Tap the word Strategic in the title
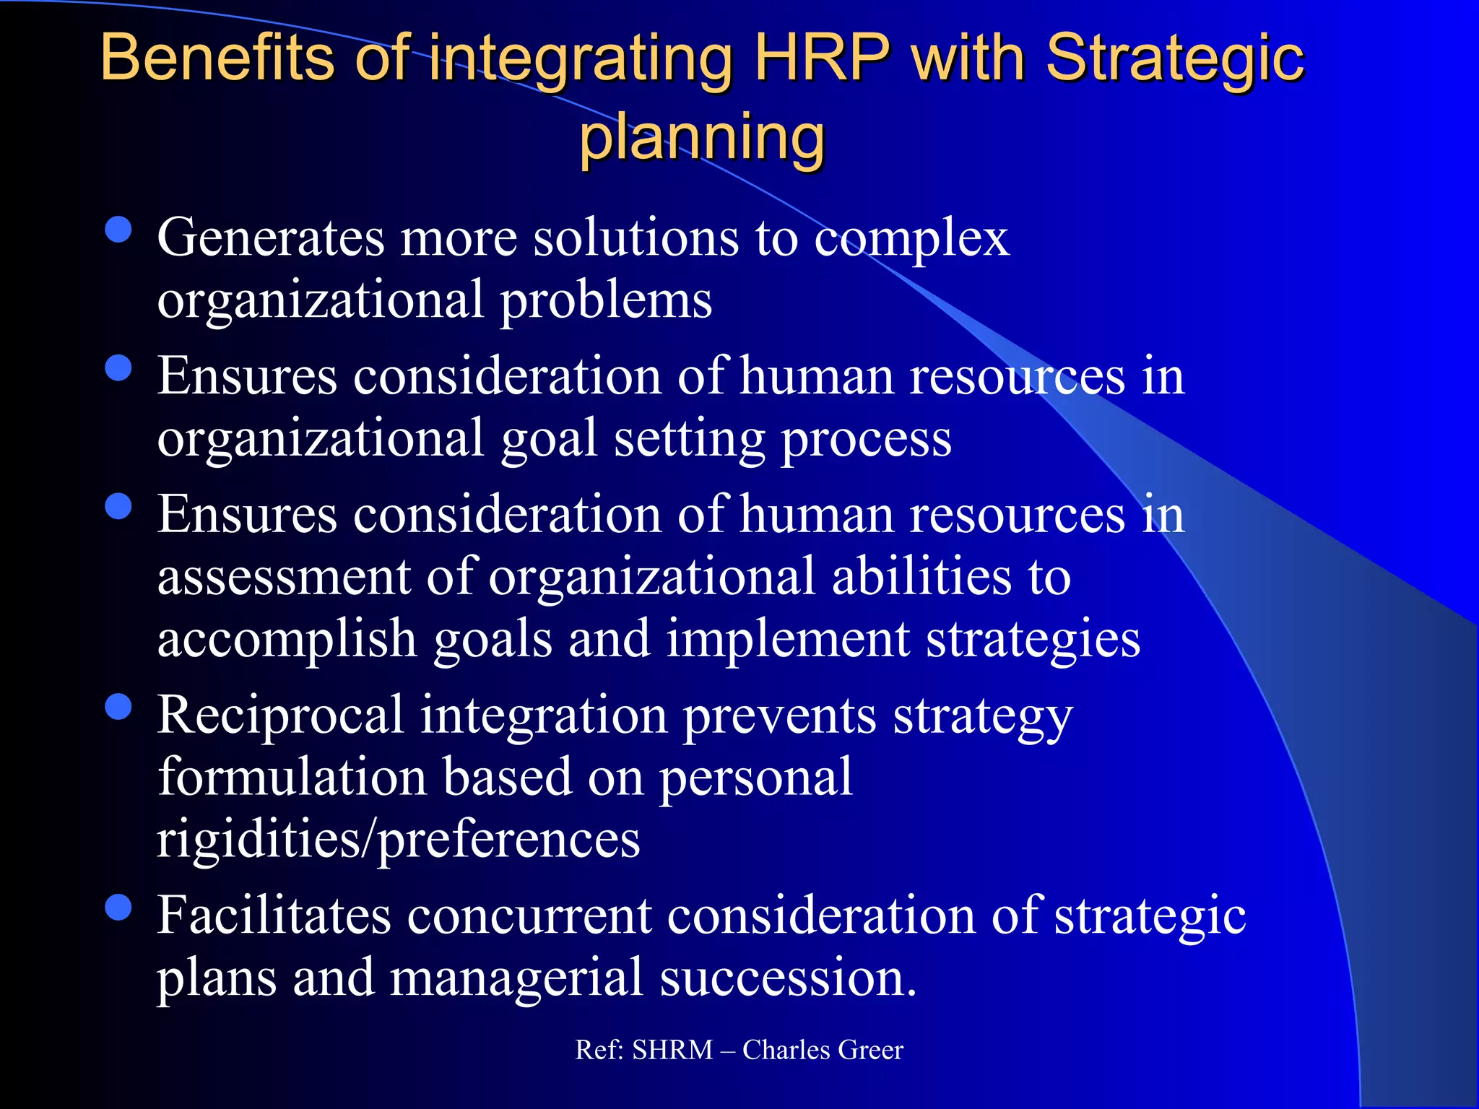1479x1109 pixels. pos(1175,59)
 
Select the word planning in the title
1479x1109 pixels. pos(702,137)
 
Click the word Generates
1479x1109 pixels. pos(271,238)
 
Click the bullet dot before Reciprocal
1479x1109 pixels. pos(118,708)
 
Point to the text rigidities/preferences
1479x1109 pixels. pos(399,840)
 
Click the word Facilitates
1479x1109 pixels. pos(274,916)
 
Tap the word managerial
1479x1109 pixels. pos(516,979)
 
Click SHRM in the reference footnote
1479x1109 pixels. pos(672,1050)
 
